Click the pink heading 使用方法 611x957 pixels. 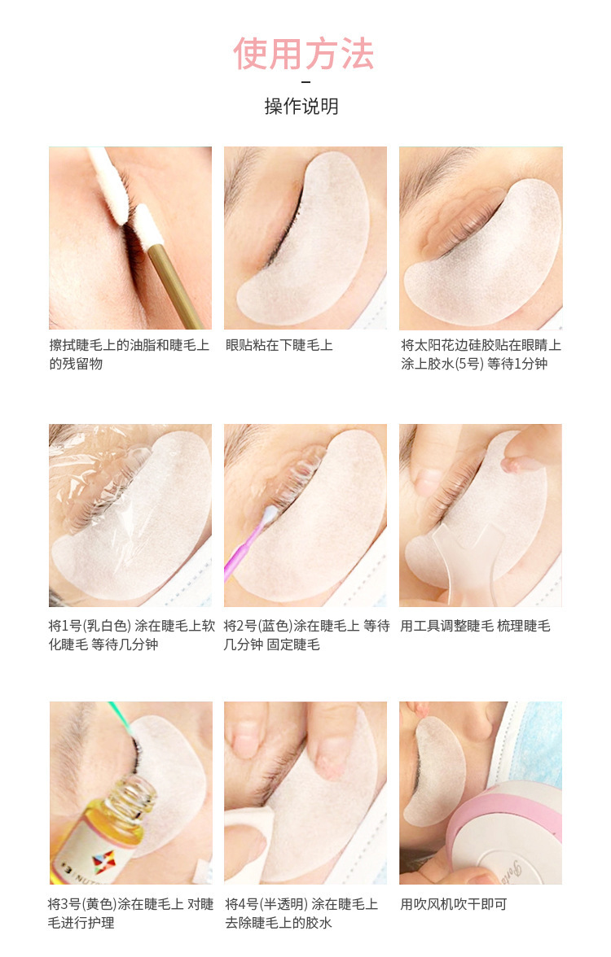(304, 54)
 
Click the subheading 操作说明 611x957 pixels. (301, 107)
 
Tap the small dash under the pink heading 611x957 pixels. (305, 82)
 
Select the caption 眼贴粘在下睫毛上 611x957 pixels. (279, 345)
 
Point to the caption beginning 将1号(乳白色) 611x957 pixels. (130, 635)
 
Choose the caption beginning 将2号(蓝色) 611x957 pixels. (307, 635)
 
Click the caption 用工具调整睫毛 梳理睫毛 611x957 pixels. (476, 626)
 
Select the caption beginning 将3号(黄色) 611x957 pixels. (130, 912)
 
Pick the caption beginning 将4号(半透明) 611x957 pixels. (301, 912)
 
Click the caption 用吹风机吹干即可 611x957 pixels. (454, 903)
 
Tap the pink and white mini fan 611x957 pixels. (505, 838)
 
